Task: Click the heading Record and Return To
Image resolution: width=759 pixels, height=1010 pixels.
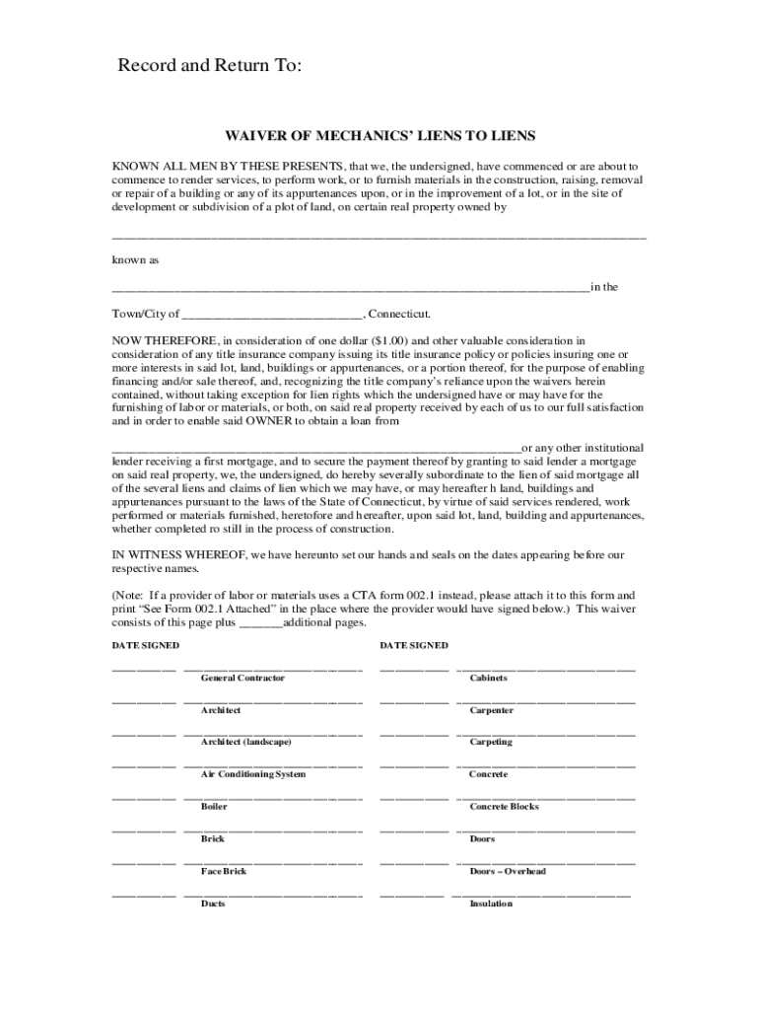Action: click(x=209, y=66)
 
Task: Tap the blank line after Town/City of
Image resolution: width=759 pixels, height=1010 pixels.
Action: click(x=273, y=316)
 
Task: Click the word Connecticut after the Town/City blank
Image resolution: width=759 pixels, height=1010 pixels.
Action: click(x=400, y=314)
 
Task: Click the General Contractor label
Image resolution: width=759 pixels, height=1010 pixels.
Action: click(x=242, y=679)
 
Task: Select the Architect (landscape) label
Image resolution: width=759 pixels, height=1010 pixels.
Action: click(x=246, y=742)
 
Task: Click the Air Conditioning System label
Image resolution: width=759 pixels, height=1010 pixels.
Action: click(x=253, y=774)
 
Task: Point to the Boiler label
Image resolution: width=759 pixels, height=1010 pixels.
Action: click(x=214, y=807)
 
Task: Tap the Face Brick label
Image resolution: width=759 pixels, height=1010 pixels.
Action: click(x=224, y=872)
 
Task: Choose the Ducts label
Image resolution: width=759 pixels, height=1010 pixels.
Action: click(x=213, y=903)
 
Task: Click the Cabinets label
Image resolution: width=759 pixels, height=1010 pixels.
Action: click(x=489, y=679)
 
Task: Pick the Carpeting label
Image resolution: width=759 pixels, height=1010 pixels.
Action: click(x=491, y=742)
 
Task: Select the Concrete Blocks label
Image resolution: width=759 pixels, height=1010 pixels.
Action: click(x=505, y=807)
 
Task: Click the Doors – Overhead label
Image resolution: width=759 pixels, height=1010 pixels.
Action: click(x=508, y=872)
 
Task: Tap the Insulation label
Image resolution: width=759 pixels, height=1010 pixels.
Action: click(x=491, y=903)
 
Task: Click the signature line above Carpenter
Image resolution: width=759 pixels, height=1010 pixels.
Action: click(x=545, y=701)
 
